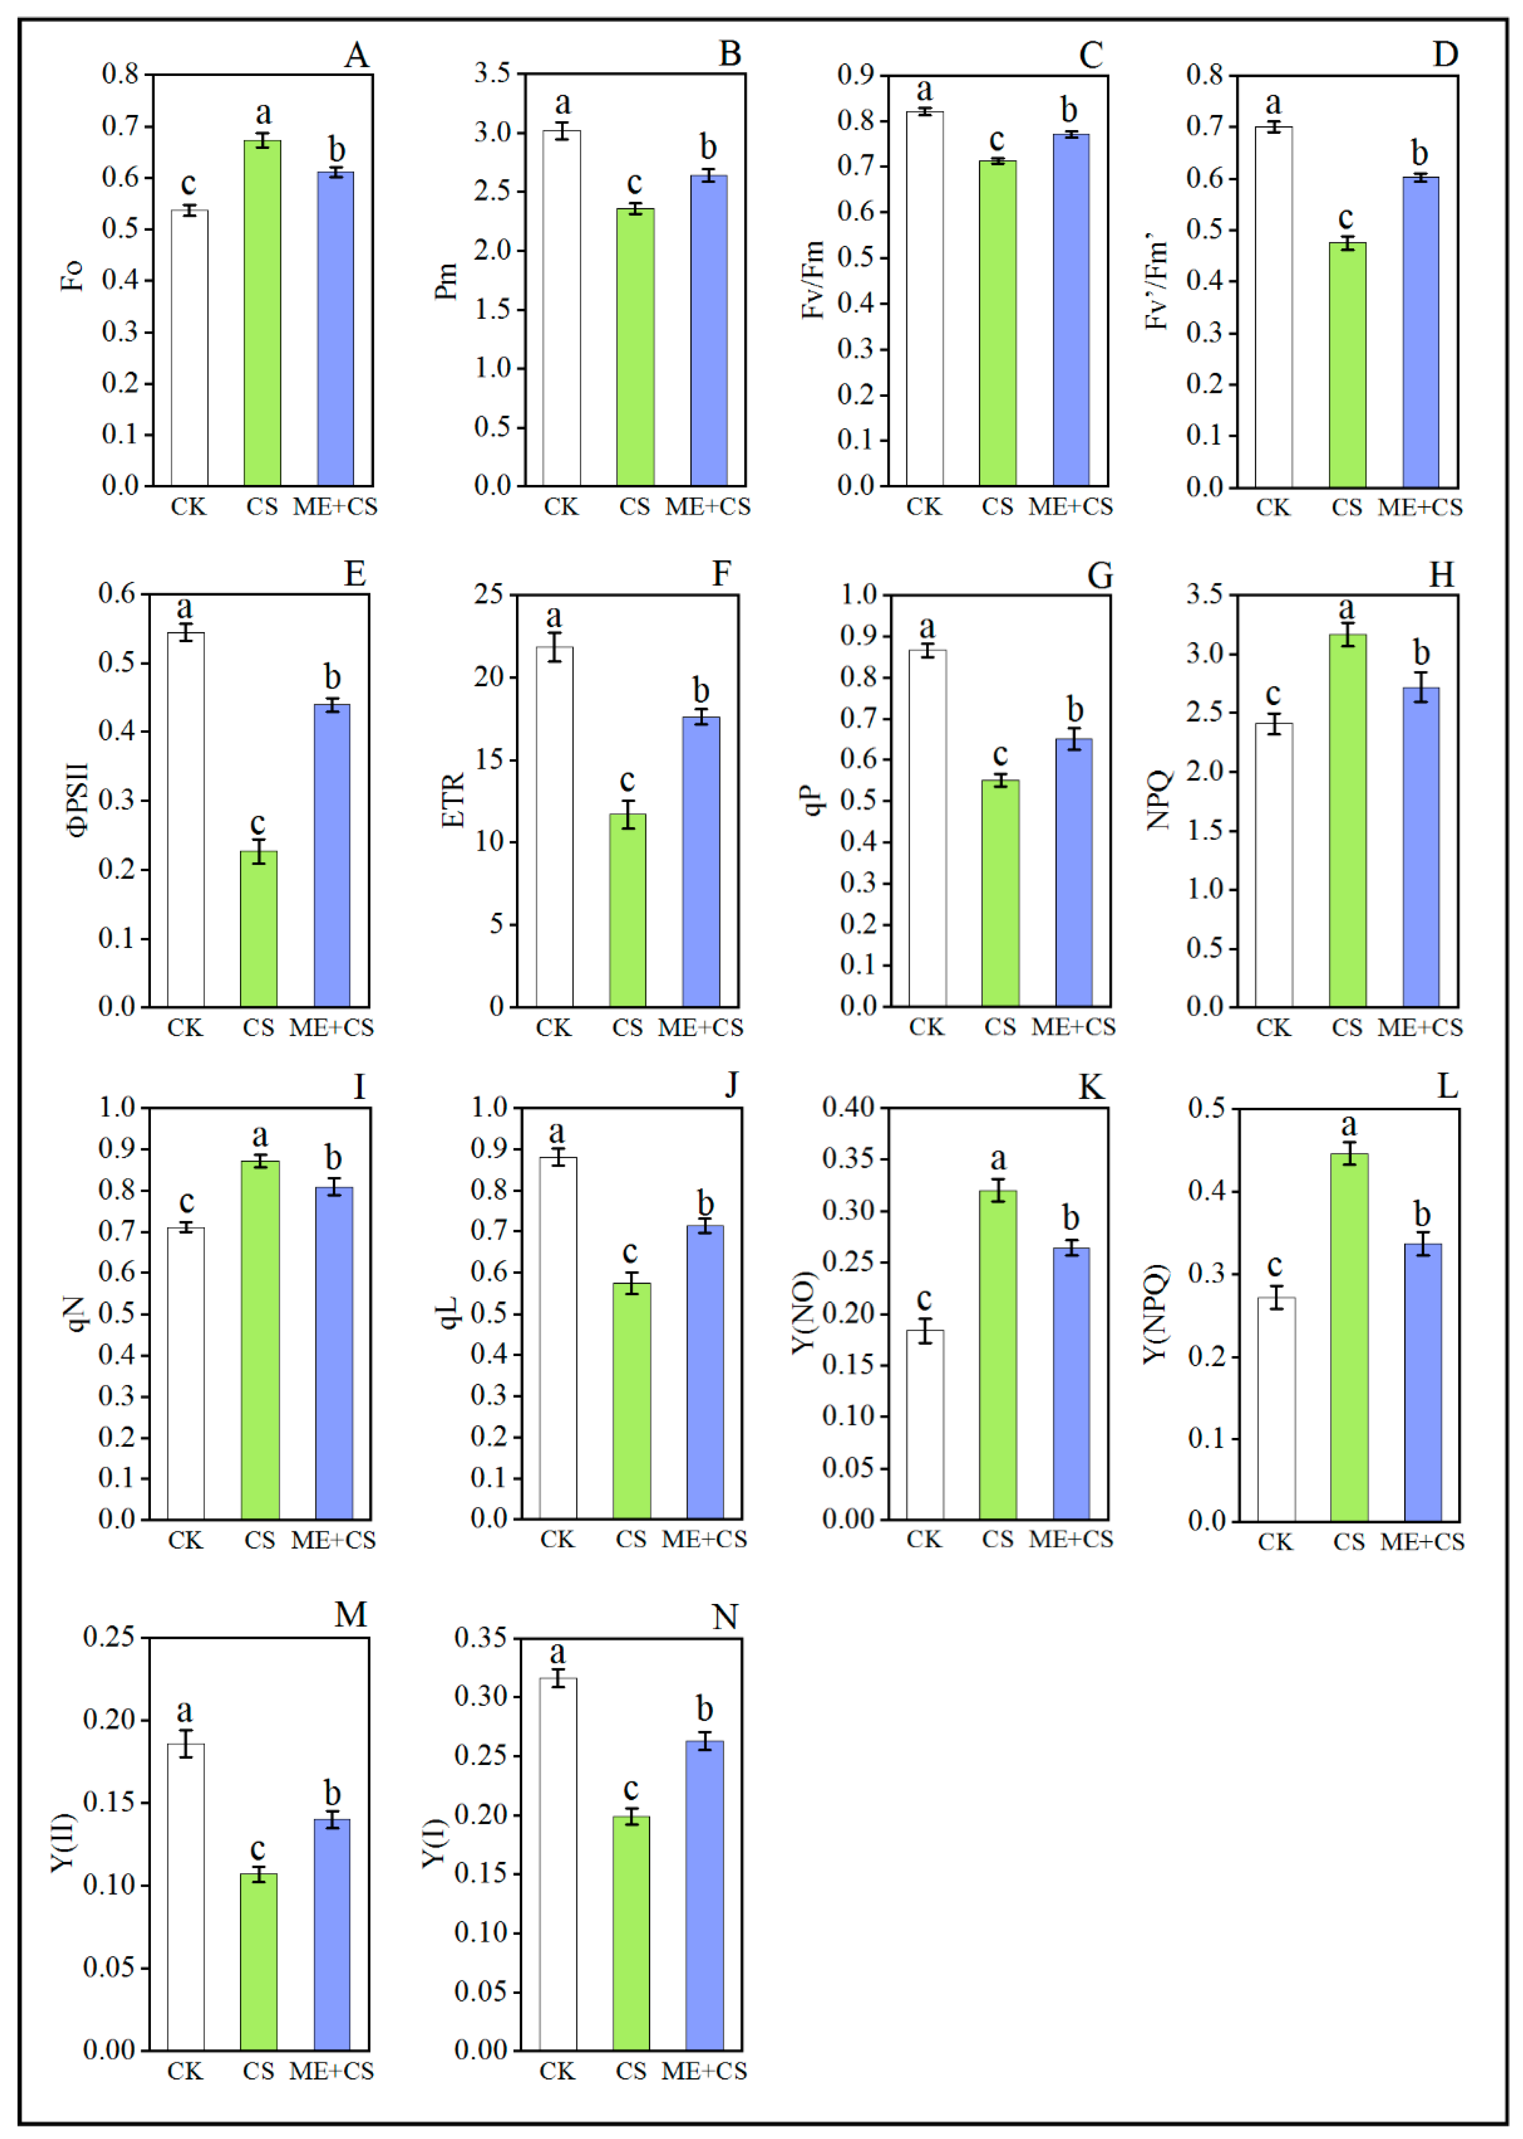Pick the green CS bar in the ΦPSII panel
point(259,928)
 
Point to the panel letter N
point(725,1617)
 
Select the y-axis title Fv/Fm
point(813,279)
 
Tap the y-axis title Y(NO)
point(804,1313)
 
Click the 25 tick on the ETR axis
point(489,594)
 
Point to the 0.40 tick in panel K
point(848,1107)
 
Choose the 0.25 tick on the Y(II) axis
point(109,1637)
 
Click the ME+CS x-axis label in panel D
point(1420,507)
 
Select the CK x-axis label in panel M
point(185,2070)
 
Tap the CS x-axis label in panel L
point(1349,1542)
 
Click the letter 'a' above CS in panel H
point(1347,608)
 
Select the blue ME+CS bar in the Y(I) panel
point(704,1895)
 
